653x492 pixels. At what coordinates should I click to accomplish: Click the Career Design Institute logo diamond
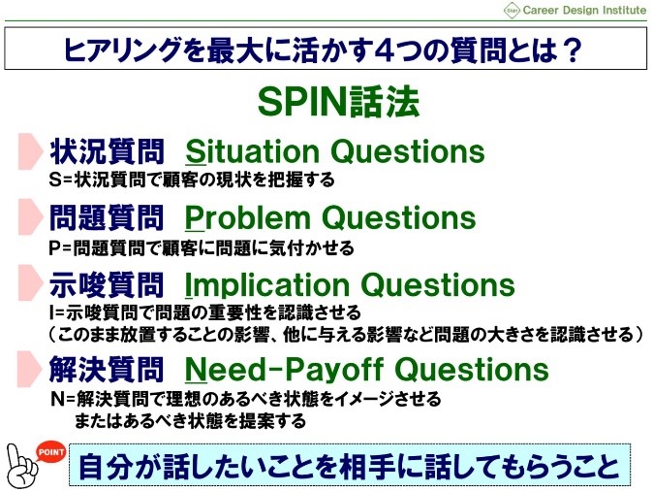(x=512, y=11)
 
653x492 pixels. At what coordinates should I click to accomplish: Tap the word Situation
(x=252, y=151)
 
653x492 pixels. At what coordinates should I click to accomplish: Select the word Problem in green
(x=247, y=217)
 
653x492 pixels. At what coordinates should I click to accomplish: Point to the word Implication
(x=266, y=286)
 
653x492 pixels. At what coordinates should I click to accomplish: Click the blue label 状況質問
(x=107, y=151)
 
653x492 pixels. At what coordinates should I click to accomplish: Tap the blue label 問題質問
(x=107, y=218)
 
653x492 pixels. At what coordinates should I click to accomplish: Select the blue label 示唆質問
(x=107, y=286)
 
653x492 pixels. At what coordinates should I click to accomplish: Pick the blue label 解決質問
(x=107, y=370)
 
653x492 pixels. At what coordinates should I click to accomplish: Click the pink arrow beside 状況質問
(x=31, y=151)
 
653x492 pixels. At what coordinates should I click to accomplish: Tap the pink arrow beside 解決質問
(x=30, y=369)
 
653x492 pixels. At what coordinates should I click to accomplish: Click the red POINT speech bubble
(x=50, y=452)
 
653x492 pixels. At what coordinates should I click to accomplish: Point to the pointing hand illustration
(x=21, y=467)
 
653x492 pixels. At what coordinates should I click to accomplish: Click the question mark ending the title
(x=574, y=49)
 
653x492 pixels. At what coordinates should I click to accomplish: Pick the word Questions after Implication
(x=438, y=285)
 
